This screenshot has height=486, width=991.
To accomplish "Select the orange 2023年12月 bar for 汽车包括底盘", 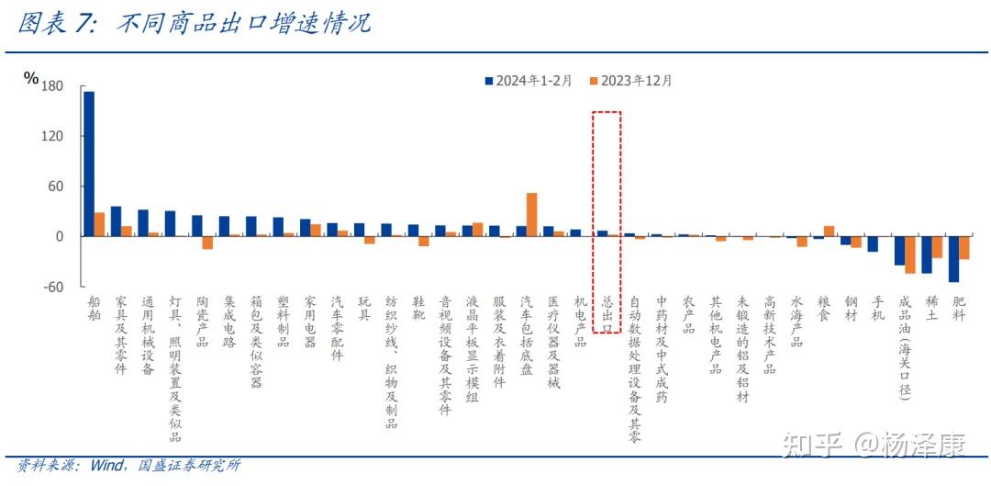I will (531, 214).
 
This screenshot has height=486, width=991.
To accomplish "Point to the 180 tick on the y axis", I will (51, 86).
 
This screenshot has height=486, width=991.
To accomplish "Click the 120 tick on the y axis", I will (51, 136).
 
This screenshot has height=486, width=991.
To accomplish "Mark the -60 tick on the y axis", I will (51, 287).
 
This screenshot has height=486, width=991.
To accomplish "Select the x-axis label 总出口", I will (607, 311).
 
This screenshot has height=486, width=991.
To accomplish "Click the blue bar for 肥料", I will (953, 259).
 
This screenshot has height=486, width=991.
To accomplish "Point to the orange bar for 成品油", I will (910, 254).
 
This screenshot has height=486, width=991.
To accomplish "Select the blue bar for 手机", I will (873, 243).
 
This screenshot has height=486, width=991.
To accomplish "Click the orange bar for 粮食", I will (830, 231).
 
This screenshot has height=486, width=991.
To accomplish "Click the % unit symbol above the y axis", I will (31, 78).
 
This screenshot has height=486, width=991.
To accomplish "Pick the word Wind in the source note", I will (106, 466).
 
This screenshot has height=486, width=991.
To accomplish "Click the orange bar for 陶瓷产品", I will (207, 243).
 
